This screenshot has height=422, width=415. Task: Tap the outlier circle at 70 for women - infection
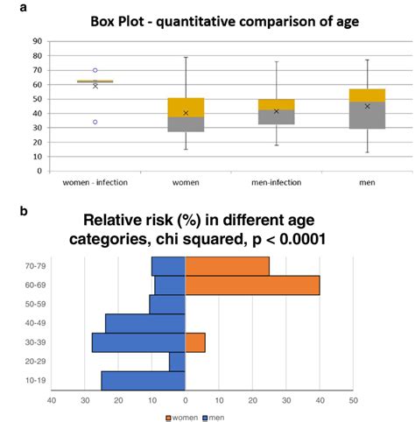[x=95, y=70]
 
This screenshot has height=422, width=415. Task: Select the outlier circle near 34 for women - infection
[x=95, y=122]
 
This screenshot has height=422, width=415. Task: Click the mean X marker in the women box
[x=186, y=113]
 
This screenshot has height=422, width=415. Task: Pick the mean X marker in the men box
[x=367, y=106]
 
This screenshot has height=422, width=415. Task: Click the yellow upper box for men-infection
[x=276, y=104]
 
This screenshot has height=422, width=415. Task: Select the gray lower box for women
[x=186, y=124]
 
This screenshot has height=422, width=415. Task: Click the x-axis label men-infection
[x=276, y=183]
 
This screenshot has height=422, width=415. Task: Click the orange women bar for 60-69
[x=252, y=285]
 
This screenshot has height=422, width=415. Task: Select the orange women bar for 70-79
[x=227, y=265]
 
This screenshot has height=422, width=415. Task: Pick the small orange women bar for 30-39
[x=194, y=342]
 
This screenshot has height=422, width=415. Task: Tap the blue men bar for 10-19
[x=143, y=381]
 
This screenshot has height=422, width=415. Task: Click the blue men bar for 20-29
[x=177, y=362]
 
